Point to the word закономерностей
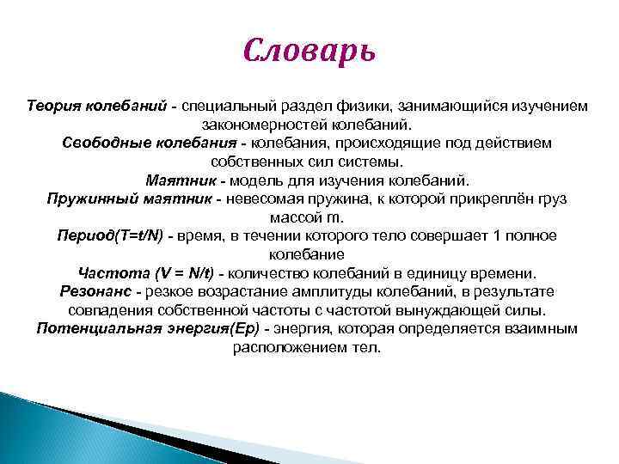click(x=291, y=124)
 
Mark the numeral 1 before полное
click(x=486, y=236)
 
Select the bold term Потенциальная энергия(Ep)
click(x=148, y=329)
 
